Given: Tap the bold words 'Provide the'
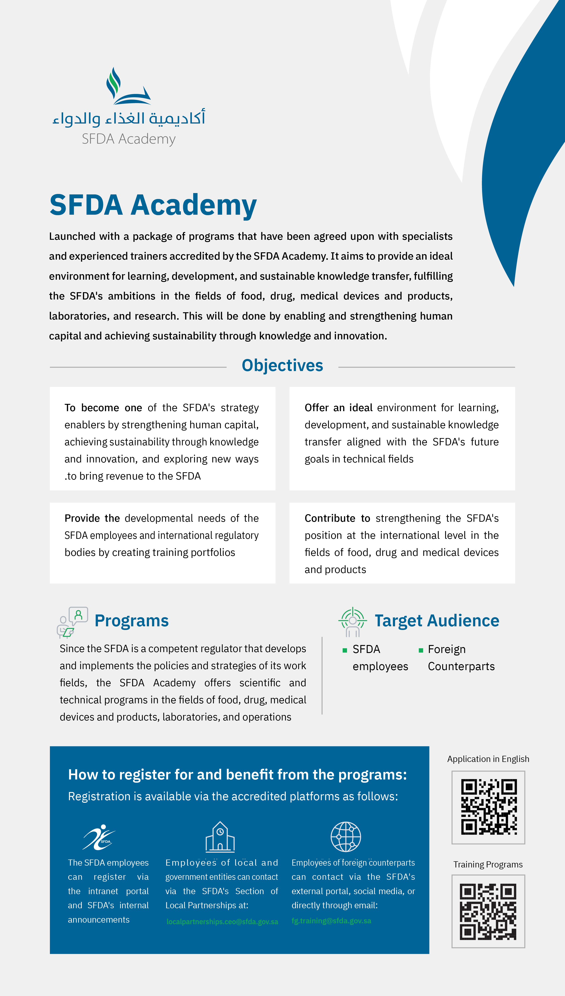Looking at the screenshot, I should (92, 519).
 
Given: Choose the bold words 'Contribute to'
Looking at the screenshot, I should (337, 519).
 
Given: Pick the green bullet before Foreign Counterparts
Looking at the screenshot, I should (421, 650).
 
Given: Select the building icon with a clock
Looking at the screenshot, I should (220, 837).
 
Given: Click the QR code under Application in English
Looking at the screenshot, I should (488, 807).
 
